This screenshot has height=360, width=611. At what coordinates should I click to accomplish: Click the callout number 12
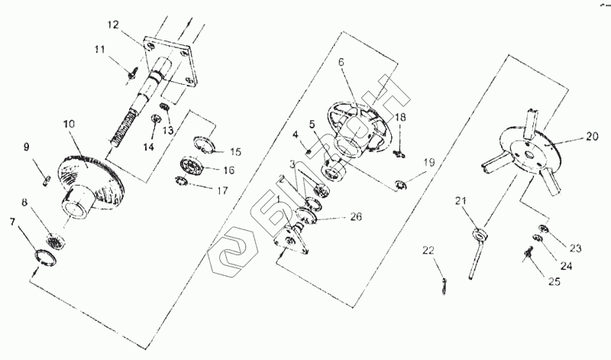113,25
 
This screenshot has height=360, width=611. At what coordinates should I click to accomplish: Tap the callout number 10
70,123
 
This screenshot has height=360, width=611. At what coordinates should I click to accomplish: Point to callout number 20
592,138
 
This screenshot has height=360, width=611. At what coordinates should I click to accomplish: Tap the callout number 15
236,151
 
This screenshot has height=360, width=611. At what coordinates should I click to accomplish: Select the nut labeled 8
55,238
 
